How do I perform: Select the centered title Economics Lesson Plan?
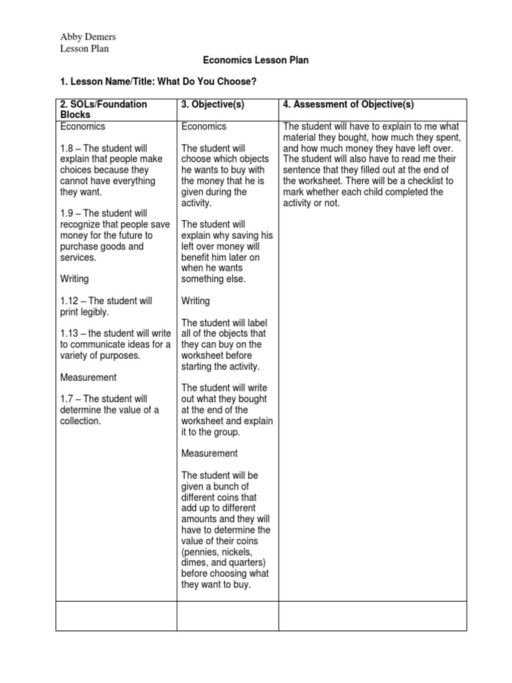coord(255,60)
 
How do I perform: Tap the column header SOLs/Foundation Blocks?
coord(103,109)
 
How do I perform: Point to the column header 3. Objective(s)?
coord(213,105)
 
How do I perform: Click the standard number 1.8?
coord(67,148)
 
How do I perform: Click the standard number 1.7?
coord(67,399)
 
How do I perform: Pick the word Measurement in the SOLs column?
coord(88,377)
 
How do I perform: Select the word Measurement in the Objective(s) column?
coord(209,454)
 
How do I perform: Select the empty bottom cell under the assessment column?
coord(372,616)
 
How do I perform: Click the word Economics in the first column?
coord(83,126)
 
